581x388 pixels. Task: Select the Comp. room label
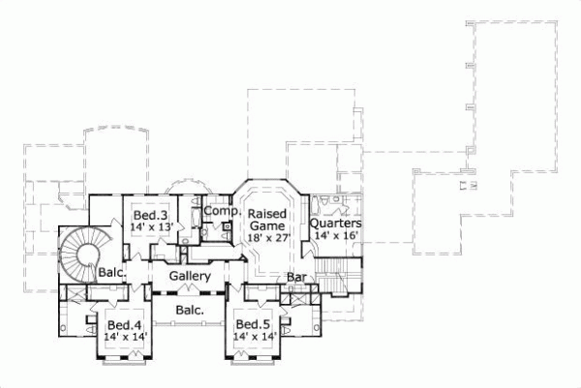pyautogui.click(x=222, y=211)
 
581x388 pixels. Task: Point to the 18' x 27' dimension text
pyautogui.click(x=268, y=238)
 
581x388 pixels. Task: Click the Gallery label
pyautogui.click(x=190, y=277)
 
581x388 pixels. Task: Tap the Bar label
pyautogui.click(x=296, y=279)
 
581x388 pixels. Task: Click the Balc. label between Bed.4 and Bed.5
pyautogui.click(x=189, y=311)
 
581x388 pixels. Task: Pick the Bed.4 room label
pyautogui.click(x=126, y=324)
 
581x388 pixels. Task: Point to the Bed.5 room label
pyautogui.click(x=254, y=324)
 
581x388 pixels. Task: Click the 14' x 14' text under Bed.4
pyautogui.click(x=126, y=337)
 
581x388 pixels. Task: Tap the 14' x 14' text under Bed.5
pyautogui.click(x=254, y=337)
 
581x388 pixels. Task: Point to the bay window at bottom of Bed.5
pyautogui.click(x=254, y=362)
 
